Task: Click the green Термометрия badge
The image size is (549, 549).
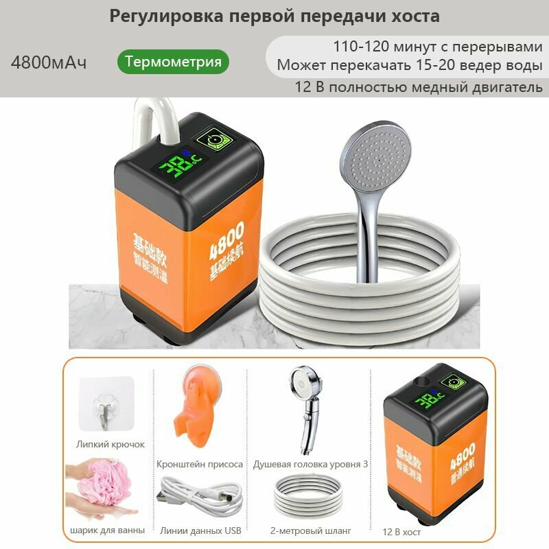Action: [173, 62]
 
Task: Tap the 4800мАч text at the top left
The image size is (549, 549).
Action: [49, 62]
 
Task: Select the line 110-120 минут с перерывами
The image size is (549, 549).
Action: [437, 47]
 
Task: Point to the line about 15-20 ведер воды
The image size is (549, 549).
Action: [410, 67]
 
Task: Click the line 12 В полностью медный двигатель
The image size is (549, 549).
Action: [419, 87]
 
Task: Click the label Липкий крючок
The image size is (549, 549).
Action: [111, 444]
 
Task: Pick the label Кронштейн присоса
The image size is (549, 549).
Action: [200, 464]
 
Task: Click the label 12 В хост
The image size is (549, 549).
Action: [402, 531]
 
